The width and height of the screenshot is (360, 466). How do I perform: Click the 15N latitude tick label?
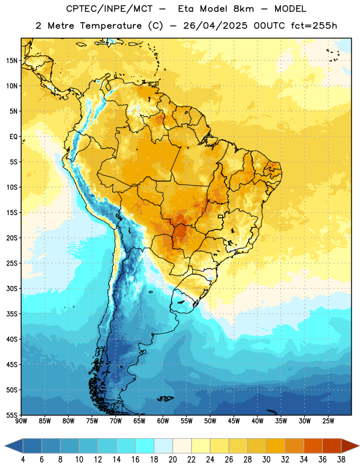pyautogui.click(x=12, y=61)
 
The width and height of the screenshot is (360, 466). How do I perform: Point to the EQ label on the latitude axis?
pyautogui.click(x=13, y=137)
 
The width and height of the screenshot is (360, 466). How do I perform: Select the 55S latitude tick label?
pyautogui.click(x=12, y=415)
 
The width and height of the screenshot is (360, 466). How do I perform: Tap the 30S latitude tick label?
pyautogui.click(x=12, y=288)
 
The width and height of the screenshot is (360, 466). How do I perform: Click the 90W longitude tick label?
pyautogui.click(x=21, y=421)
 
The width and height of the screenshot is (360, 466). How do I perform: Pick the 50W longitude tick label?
pyautogui.click(x=210, y=421)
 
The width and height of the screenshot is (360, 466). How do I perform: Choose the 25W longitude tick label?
pyautogui.click(x=328, y=421)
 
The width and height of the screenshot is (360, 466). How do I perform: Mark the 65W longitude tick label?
pyautogui.click(x=139, y=421)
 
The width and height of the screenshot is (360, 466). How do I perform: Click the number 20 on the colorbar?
pyautogui.click(x=172, y=460)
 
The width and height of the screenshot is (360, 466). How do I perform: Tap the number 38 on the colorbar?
pyautogui.click(x=341, y=460)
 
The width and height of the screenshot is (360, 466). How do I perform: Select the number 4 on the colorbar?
pyautogui.click(x=23, y=460)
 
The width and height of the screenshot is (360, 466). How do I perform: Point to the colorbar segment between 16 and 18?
pyautogui.click(x=145, y=446)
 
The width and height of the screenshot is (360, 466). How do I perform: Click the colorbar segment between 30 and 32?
pyautogui.click(x=276, y=446)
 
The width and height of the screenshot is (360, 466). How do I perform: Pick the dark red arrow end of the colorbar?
pyautogui.click(x=350, y=446)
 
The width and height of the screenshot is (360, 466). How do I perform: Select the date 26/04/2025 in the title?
pyautogui.click(x=215, y=26)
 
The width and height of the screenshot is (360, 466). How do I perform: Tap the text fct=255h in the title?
pyautogui.click(x=314, y=26)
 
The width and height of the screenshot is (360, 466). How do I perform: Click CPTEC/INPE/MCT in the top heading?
pyautogui.click(x=109, y=9)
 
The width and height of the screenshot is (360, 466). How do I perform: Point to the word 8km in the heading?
pyautogui.click(x=243, y=9)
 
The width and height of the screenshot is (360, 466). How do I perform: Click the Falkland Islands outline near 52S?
pyautogui.click(x=165, y=398)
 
